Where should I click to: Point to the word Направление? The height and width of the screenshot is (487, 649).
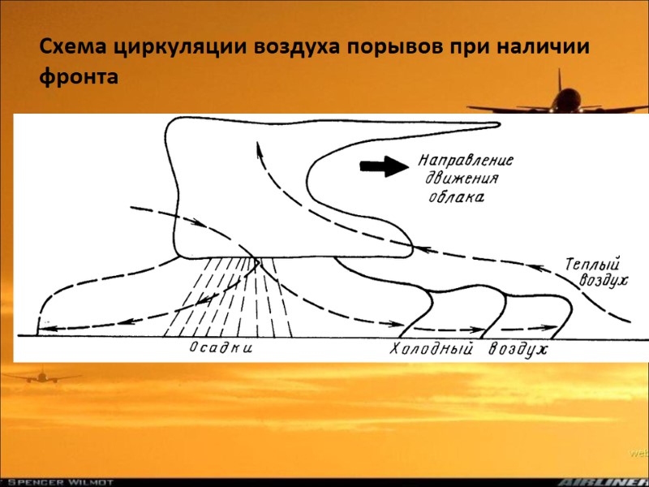pyautogui.click(x=466, y=161)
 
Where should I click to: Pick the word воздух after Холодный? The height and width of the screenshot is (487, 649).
pyautogui.click(x=518, y=350)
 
